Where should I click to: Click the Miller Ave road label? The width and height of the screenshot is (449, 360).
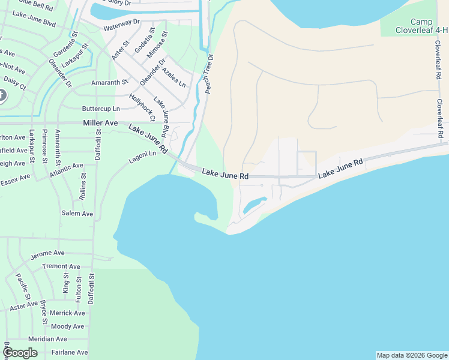[x=101, y=122]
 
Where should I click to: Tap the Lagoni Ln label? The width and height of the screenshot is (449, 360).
[x=142, y=157]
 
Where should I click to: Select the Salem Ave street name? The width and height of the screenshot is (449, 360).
[x=77, y=214]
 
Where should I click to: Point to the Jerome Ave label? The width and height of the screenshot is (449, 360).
[x=47, y=254]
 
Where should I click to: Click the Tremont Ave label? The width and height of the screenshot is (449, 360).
[x=61, y=266]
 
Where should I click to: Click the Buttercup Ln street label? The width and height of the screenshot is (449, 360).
[x=101, y=109]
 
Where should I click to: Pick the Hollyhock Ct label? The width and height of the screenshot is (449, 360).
[x=142, y=107]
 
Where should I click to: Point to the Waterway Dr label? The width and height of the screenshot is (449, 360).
[x=121, y=25]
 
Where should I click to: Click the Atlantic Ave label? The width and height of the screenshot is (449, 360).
[x=67, y=170]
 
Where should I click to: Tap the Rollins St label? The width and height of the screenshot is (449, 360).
[x=83, y=187]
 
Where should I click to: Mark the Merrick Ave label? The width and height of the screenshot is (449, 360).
[x=67, y=313]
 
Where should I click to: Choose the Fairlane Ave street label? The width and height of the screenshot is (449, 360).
[x=70, y=352]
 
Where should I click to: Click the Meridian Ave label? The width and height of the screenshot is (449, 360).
[x=48, y=339]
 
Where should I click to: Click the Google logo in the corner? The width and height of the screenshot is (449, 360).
[x=20, y=353]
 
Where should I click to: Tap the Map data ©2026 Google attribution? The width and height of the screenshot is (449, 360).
[x=412, y=355]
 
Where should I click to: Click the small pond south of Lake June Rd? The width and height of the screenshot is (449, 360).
[x=255, y=205]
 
